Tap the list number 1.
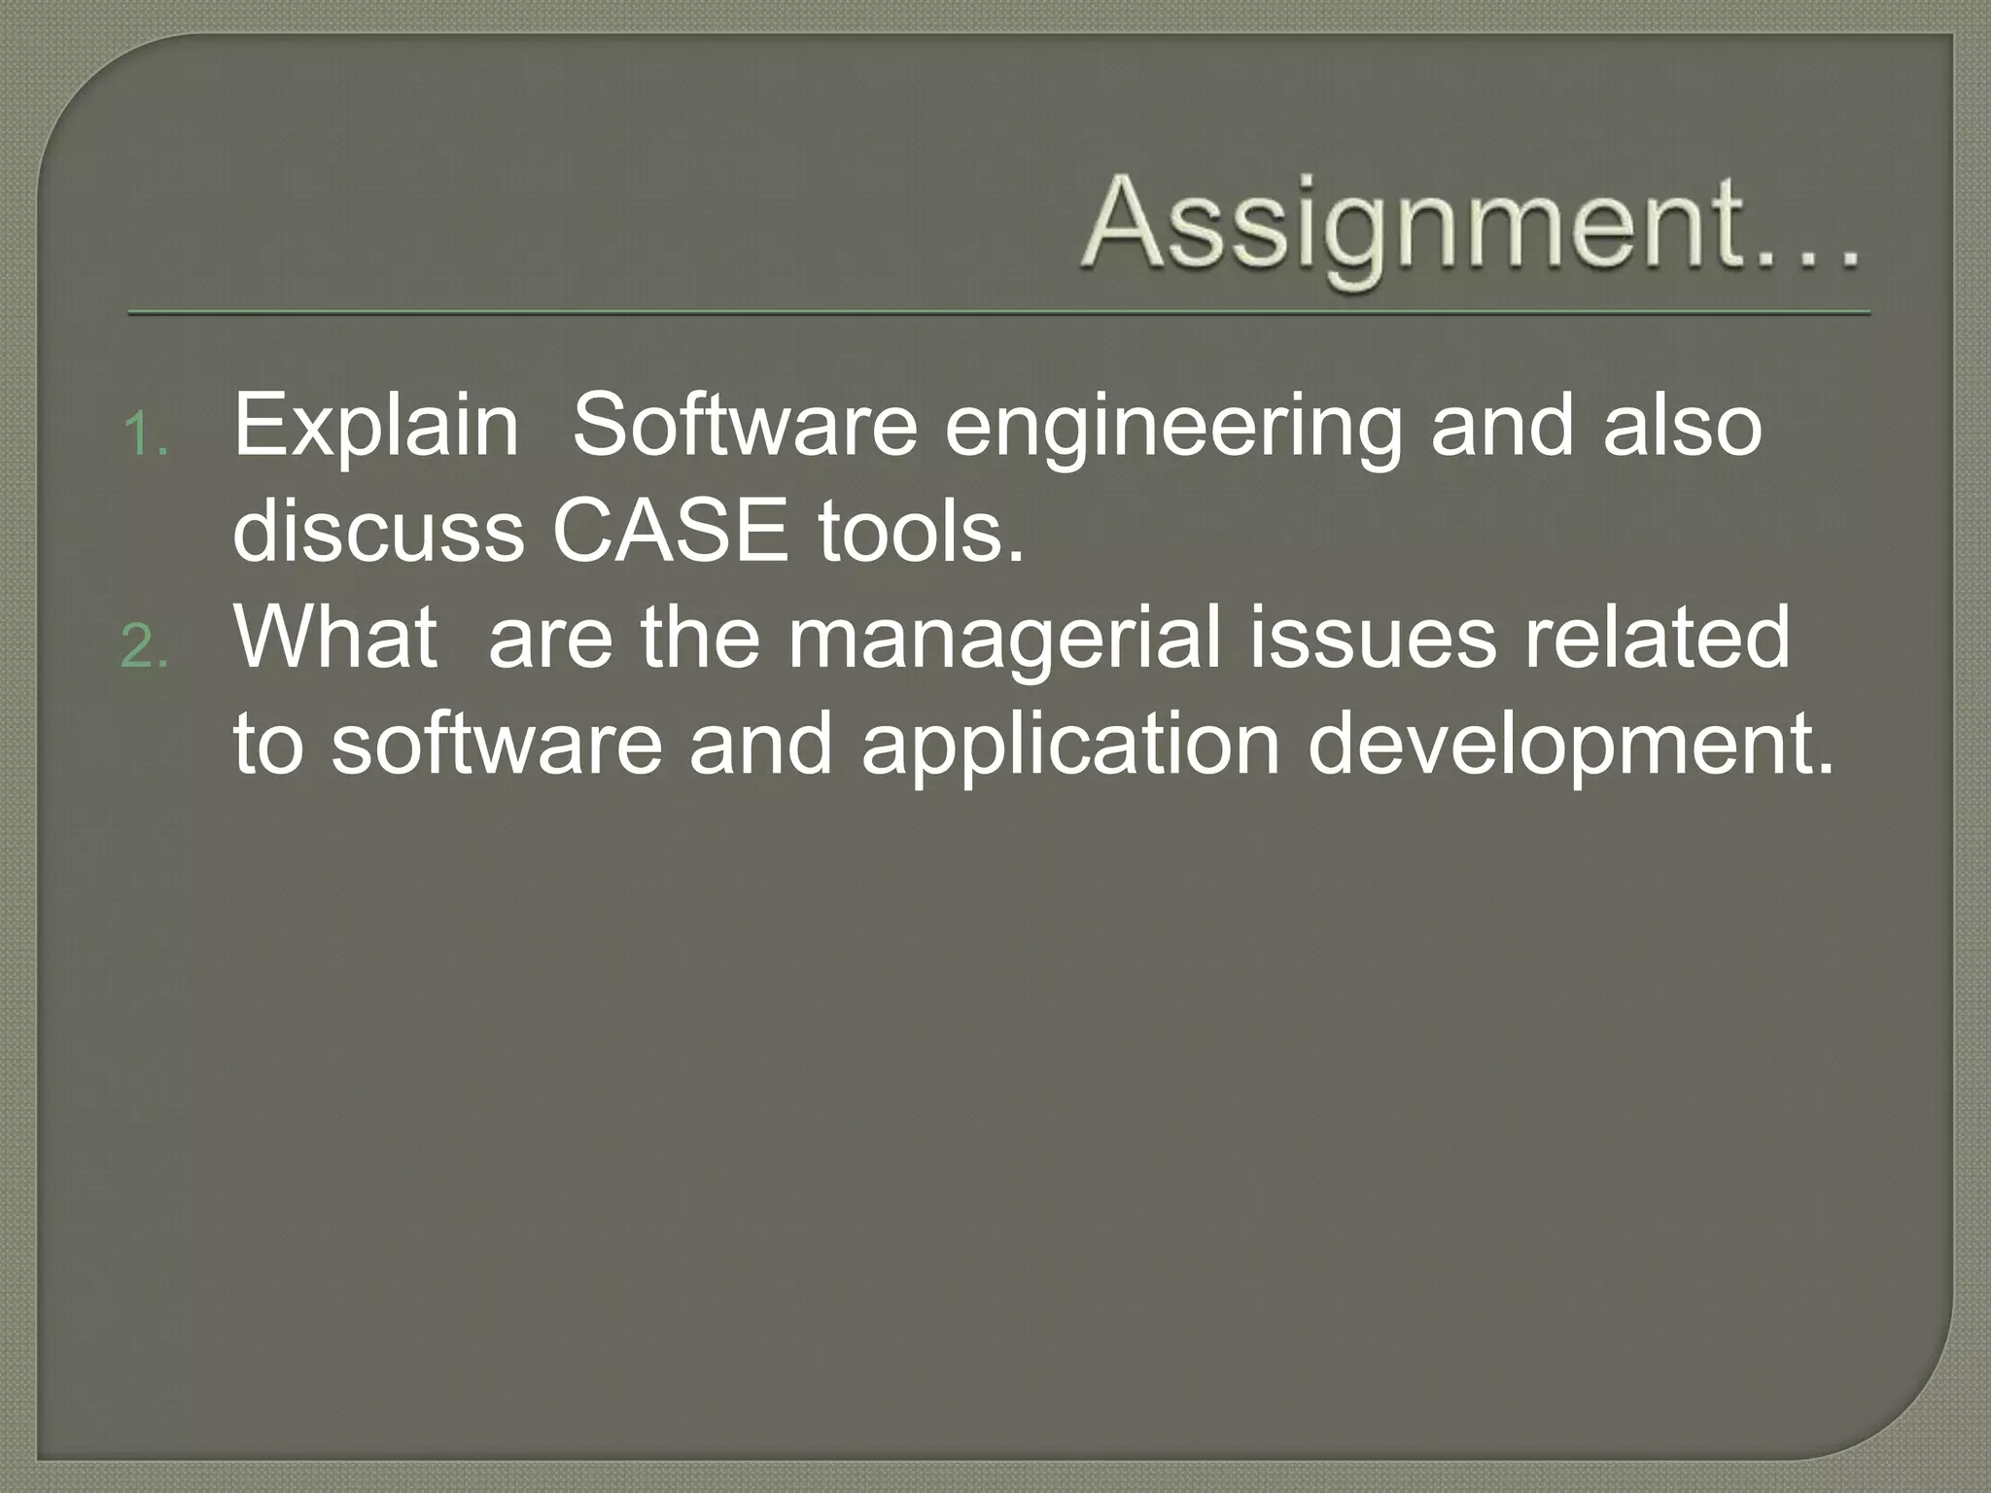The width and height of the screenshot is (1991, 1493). (147, 436)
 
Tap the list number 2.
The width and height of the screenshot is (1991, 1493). (145, 648)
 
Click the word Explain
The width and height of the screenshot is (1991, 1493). (376, 428)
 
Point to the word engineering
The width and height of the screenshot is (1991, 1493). (1173, 430)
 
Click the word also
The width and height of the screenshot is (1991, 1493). (1682, 428)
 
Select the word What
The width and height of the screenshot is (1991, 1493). (335, 638)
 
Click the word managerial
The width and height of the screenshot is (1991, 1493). (1003, 642)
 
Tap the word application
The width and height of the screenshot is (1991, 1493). (1070, 748)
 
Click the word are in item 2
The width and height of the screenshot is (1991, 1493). (550, 642)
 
